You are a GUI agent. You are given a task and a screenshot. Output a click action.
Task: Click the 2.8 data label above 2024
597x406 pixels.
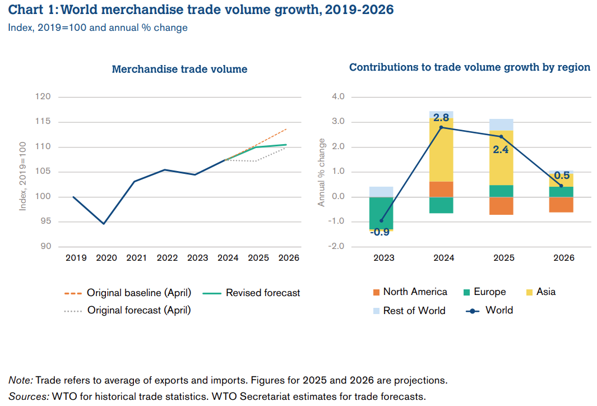pyautogui.click(x=441, y=118)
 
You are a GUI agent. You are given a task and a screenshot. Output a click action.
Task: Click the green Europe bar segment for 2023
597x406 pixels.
pyautogui.click(x=381, y=213)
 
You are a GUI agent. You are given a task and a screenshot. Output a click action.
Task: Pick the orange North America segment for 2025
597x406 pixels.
pyautogui.click(x=501, y=206)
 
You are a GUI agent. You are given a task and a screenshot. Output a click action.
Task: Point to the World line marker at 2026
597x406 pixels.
pyautogui.click(x=561, y=186)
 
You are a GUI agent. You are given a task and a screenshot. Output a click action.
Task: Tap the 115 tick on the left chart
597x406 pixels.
pyautogui.click(x=44, y=122)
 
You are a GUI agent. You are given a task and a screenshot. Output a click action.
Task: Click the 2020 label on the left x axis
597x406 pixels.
pyautogui.click(x=106, y=258)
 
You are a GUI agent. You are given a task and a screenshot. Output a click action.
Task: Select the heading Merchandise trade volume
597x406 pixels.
pyautogui.click(x=179, y=70)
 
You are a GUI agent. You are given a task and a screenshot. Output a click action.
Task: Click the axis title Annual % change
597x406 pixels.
pyautogui.click(x=322, y=172)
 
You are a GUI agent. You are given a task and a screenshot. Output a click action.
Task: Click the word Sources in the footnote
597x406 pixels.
pyautogui.click(x=27, y=396)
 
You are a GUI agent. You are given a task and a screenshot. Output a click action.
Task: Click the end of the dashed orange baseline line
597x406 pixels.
pyautogui.click(x=286, y=128)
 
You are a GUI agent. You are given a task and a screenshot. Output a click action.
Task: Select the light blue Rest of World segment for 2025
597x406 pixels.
pyautogui.click(x=501, y=124)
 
